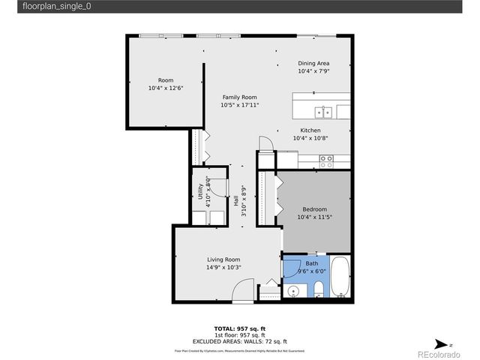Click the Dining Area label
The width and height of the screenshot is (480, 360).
[313, 63]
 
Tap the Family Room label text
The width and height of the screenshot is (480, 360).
[239, 97]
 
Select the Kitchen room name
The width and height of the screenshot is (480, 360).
[310, 130]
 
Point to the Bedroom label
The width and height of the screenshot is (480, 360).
[314, 209]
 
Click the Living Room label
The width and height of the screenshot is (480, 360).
[223, 259]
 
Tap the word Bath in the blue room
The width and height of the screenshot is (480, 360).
[312, 264]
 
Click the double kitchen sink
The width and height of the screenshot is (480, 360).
[324, 112]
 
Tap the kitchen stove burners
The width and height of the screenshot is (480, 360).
[326, 159]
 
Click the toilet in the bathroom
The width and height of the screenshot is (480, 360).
[319, 289]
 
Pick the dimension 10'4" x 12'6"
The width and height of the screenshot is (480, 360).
[166, 88]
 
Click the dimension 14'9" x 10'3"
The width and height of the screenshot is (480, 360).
[223, 268]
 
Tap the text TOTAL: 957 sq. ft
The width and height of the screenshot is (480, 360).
[240, 328]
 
